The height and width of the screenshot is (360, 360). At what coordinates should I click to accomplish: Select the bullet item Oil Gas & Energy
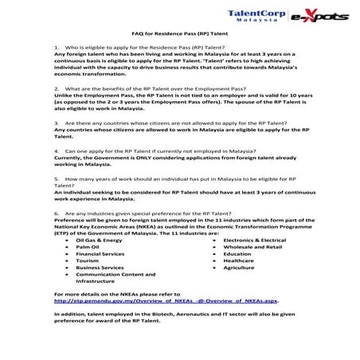pyautogui.click(x=99, y=239)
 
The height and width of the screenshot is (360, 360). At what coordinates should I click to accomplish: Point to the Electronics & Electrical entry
pyautogui.click(x=254, y=239)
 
